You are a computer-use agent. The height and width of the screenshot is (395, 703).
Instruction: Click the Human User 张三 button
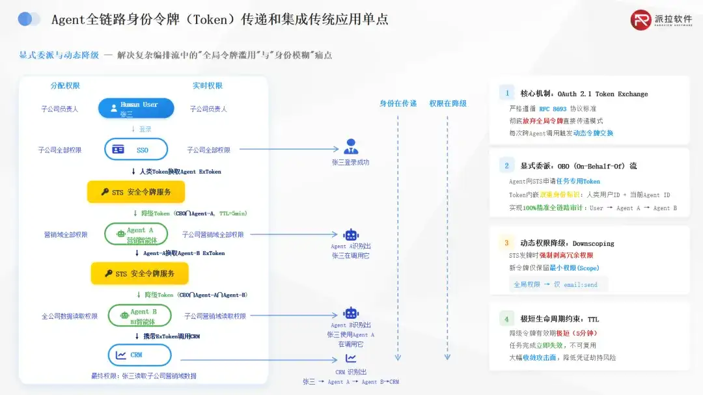[137, 108]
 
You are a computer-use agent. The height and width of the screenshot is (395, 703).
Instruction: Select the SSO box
[136, 150]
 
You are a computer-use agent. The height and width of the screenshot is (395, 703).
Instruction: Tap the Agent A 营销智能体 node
[136, 234]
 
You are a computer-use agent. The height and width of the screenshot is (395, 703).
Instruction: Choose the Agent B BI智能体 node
[139, 316]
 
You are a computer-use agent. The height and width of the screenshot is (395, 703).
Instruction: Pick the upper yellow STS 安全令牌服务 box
[136, 192]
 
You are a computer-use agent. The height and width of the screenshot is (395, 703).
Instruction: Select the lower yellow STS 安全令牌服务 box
[139, 273]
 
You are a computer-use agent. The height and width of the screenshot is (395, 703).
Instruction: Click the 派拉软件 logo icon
[641, 20]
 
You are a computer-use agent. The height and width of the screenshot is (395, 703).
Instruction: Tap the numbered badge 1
[506, 93]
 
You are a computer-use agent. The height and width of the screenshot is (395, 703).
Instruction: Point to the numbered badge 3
[506, 243]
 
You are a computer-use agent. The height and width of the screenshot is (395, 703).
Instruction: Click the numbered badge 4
[506, 319]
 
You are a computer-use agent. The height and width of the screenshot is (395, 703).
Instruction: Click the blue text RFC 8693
[553, 109]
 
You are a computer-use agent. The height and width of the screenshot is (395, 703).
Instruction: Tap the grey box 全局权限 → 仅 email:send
[558, 284]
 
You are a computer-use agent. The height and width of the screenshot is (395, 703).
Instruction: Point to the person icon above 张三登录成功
[351, 146]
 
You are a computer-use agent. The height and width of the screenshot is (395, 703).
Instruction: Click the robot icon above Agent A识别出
[351, 235]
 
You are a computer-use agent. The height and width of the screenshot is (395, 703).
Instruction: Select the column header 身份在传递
[398, 103]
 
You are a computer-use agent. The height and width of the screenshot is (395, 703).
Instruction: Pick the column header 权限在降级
[447, 103]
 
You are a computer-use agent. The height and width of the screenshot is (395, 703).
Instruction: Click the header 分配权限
[65, 86]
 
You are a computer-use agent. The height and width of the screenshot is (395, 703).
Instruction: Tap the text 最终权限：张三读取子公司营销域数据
[143, 375]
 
